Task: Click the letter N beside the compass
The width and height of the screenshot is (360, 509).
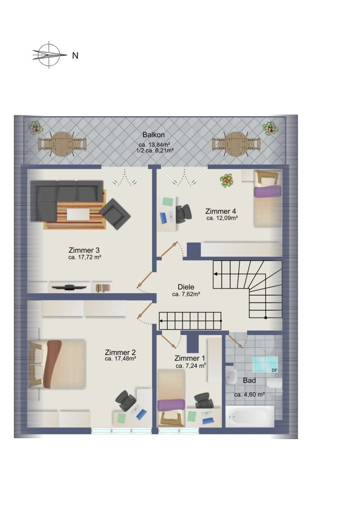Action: point(75,56)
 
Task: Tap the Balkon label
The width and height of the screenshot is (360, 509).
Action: point(154,135)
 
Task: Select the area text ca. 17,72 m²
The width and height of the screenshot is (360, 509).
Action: point(84,257)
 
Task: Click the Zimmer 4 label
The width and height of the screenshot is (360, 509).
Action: point(221,211)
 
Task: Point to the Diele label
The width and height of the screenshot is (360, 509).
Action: point(186,287)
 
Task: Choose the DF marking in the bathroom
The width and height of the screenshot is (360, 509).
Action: point(275,370)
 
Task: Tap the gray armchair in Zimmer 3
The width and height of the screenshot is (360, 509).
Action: point(115,214)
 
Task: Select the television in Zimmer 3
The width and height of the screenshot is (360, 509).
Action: point(69,287)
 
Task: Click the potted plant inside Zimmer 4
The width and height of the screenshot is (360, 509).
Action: point(227,181)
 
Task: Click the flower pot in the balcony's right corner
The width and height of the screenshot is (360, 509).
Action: point(270,129)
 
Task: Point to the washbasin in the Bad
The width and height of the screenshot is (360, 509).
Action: point(232,377)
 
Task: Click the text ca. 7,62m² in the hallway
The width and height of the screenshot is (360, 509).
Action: point(186,294)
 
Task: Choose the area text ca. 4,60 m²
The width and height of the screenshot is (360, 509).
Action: point(249,395)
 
